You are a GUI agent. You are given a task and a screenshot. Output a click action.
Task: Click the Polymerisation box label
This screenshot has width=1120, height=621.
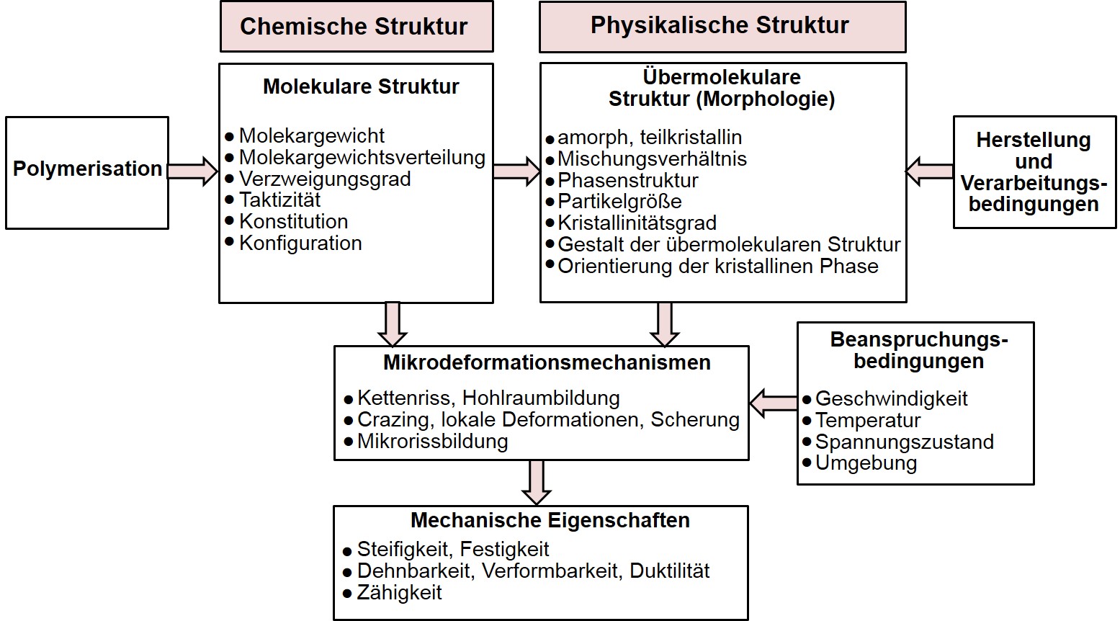(87, 169)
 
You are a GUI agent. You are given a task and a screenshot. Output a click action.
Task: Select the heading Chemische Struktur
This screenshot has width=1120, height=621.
(354, 27)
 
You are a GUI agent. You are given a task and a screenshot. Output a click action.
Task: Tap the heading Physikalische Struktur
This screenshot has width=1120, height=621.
(720, 25)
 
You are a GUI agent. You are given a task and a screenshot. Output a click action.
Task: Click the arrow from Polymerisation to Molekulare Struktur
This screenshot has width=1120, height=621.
(192, 171)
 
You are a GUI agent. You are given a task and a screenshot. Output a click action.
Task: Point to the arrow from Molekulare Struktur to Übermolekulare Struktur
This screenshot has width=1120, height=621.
(516, 171)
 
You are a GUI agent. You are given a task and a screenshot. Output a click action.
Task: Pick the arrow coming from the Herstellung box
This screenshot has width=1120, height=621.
(930, 171)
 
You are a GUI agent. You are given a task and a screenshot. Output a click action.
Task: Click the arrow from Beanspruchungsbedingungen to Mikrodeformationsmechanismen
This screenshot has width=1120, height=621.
(774, 401)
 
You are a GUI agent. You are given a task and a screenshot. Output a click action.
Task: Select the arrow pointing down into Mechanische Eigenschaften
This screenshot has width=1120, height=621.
(537, 482)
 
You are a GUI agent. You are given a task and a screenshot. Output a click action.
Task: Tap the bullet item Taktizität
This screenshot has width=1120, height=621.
(279, 200)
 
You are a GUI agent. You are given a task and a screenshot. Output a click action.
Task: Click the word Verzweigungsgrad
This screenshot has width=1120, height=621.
(324, 179)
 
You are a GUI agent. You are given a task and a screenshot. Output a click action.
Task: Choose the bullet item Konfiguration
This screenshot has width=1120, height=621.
(300, 243)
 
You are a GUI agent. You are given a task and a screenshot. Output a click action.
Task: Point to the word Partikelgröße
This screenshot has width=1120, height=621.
(619, 201)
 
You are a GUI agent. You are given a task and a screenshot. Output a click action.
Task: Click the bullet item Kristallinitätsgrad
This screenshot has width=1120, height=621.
(637, 223)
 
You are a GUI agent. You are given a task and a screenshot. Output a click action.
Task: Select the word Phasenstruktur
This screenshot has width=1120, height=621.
(628, 180)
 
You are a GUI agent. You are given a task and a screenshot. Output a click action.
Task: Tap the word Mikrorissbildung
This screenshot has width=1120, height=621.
(432, 441)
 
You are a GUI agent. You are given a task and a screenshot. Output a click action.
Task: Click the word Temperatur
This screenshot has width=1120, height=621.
(868, 420)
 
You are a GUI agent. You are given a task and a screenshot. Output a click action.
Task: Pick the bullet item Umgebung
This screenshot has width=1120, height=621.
(866, 463)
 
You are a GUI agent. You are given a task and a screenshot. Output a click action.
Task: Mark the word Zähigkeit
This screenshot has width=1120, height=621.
(400, 592)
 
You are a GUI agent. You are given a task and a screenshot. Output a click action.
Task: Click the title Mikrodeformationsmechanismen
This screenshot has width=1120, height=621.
(547, 362)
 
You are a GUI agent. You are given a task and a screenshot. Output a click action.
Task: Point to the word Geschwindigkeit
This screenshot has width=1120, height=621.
(891, 398)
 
